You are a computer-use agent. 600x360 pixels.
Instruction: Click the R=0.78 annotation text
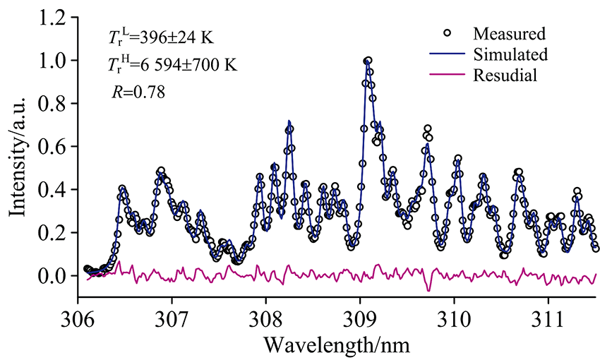[x=138, y=91]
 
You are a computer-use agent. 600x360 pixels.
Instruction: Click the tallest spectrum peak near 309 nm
[x=368, y=61]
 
